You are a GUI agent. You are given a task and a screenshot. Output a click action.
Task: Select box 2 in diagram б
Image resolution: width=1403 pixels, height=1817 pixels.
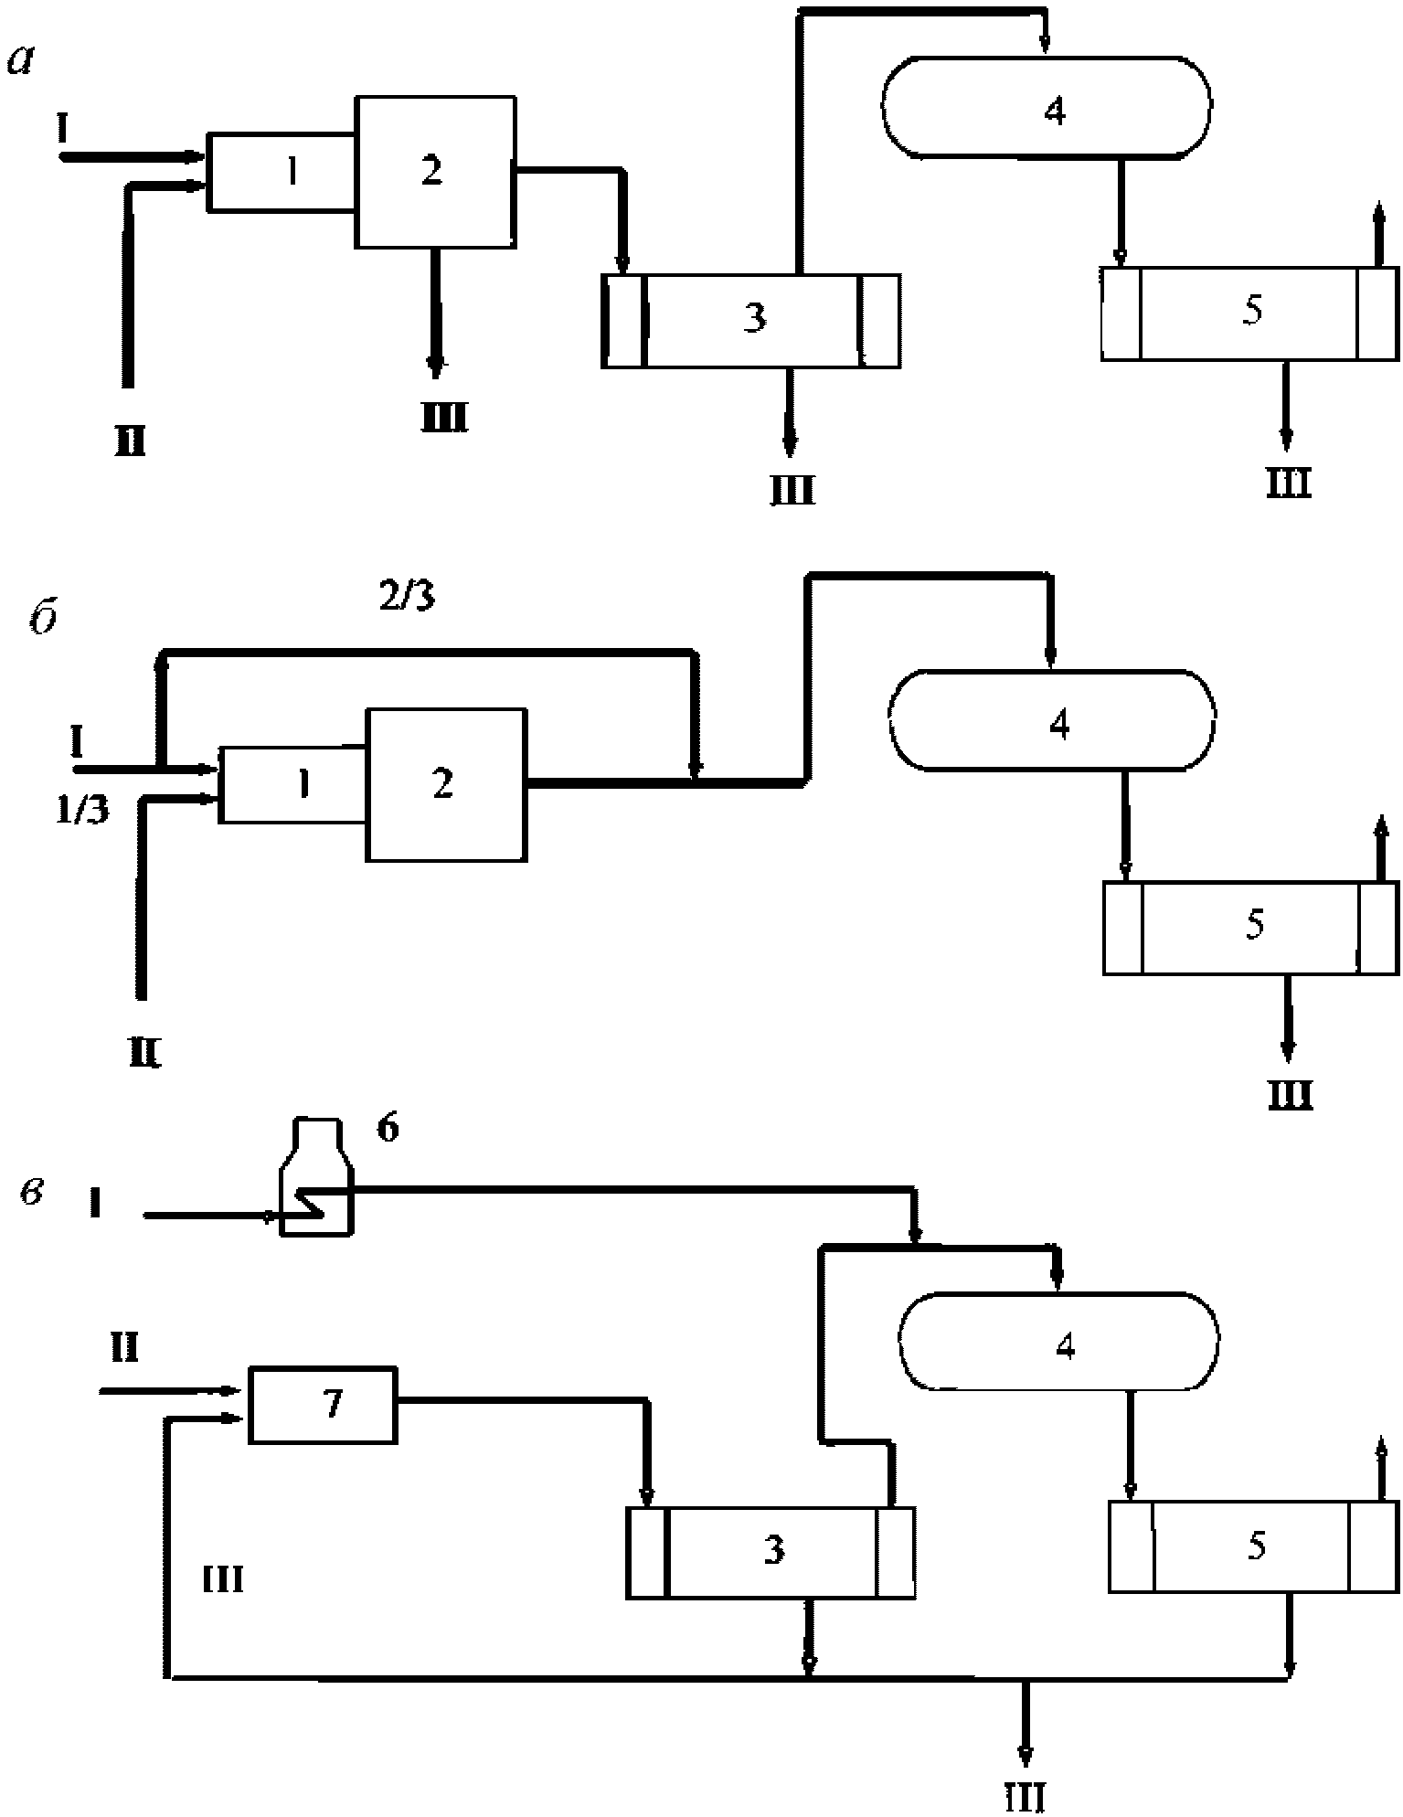coord(445,783)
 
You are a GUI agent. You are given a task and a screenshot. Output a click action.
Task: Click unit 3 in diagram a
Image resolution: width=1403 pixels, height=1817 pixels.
coord(751,320)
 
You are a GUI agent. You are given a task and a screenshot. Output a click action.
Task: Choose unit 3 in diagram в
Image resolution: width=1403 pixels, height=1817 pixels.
coord(771,1551)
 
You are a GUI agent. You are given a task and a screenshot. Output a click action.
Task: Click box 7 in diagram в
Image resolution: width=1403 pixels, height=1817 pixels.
coord(324,1405)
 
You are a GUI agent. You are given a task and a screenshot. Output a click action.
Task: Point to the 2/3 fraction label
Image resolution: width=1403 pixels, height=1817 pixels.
coord(407,600)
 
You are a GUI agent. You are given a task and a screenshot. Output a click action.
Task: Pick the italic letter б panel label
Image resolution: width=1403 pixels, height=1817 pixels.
coord(42,621)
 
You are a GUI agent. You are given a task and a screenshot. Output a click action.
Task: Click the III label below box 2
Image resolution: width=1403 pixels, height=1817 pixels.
coord(444,420)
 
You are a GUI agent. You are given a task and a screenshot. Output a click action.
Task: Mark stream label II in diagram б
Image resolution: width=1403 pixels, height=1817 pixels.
coord(144,1057)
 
